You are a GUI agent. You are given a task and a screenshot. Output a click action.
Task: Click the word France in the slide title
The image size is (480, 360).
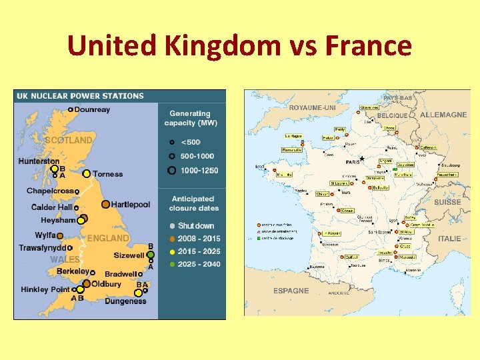[x=369, y=46]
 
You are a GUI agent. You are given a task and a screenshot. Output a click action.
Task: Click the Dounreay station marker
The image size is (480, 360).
[x=71, y=110]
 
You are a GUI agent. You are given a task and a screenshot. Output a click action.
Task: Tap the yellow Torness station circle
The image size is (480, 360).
[x=86, y=174]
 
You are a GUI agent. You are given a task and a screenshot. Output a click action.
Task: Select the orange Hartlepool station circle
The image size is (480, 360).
[x=105, y=205]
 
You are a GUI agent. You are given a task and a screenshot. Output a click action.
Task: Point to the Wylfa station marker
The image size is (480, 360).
[x=59, y=235]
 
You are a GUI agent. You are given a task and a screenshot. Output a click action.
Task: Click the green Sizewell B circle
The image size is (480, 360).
[x=151, y=255]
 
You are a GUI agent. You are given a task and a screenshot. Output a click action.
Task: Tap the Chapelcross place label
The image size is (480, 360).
[x=50, y=191]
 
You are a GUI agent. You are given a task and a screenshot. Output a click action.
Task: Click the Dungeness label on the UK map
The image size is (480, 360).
[x=125, y=301]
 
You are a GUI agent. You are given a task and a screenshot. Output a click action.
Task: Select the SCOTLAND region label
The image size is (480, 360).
[x=68, y=141]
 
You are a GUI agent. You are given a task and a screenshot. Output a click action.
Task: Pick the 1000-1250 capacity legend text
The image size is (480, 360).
[x=199, y=171]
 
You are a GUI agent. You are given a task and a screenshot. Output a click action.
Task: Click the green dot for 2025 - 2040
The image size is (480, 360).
[x=172, y=264]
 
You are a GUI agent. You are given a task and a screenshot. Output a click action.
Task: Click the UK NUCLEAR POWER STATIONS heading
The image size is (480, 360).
[x=79, y=96]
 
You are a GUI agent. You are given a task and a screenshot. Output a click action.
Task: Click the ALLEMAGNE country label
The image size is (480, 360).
[x=443, y=115]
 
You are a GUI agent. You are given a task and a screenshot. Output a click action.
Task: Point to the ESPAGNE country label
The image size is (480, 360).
[x=291, y=291]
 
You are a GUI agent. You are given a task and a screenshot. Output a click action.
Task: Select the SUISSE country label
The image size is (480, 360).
[x=447, y=202]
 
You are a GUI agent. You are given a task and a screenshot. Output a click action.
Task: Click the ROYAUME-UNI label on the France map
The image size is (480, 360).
[x=312, y=107]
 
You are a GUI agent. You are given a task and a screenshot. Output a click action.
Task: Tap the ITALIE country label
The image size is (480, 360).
[x=450, y=238]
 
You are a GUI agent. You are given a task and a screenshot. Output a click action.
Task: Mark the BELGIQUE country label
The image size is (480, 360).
[x=393, y=115]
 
